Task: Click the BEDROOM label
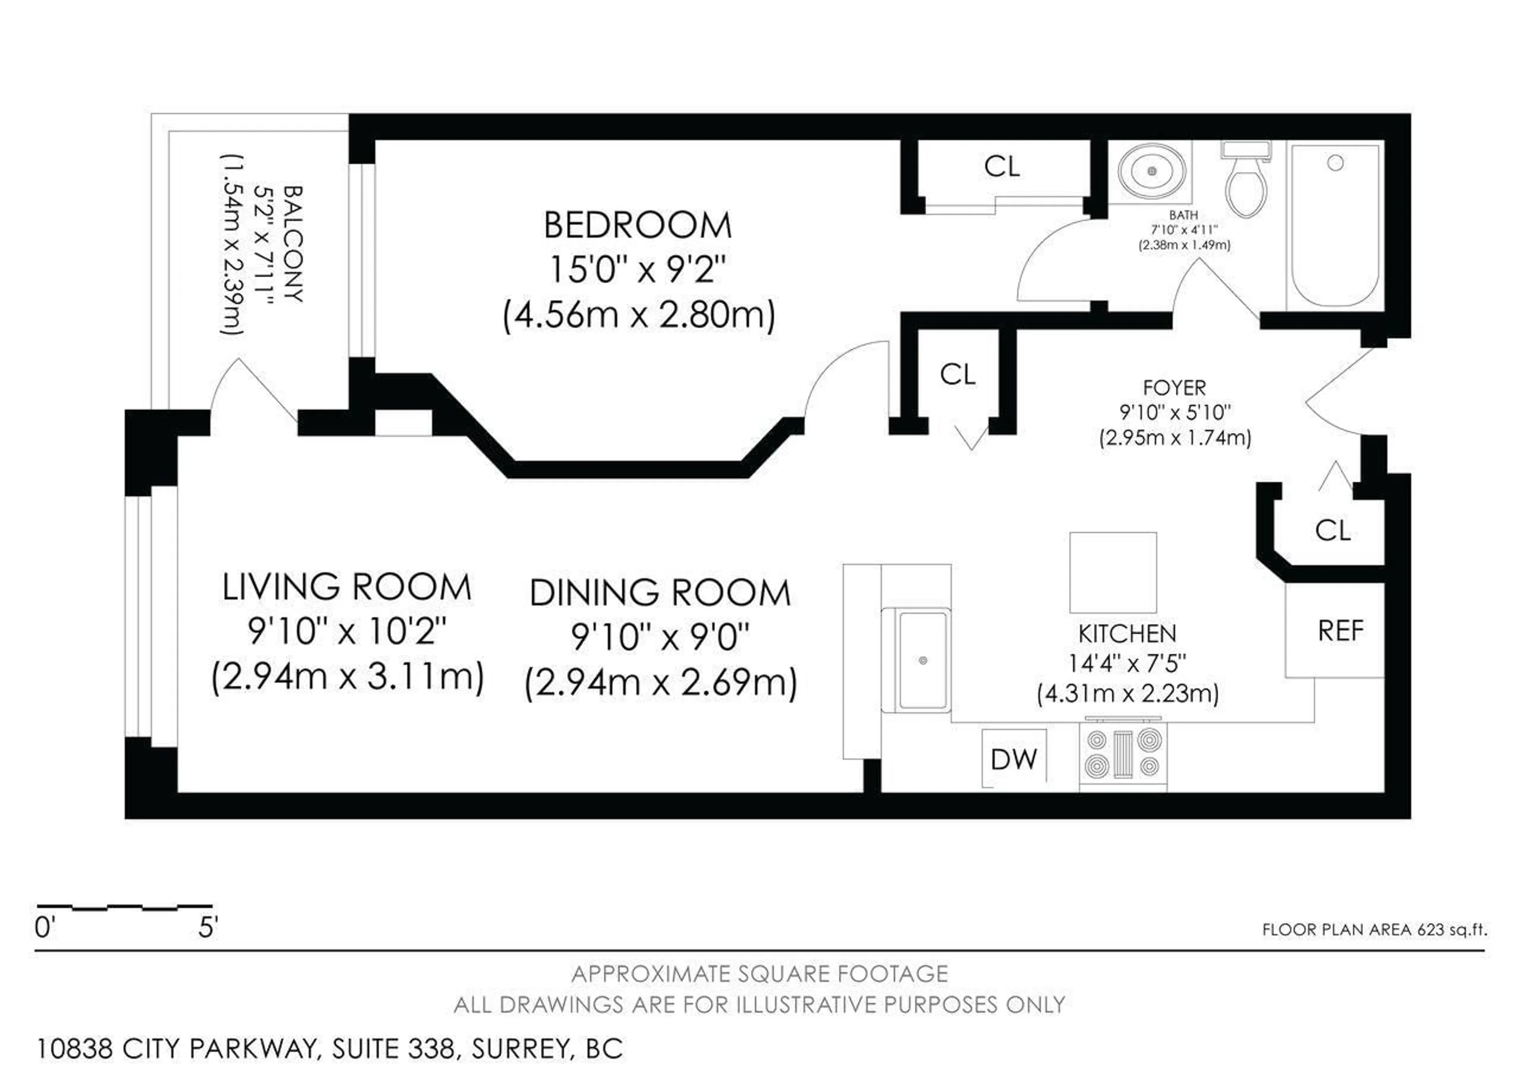637,225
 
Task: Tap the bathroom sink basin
1152,171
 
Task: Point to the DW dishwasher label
1013,759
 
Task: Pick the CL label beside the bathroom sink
1002,167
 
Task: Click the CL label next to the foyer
957,375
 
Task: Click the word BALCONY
292,244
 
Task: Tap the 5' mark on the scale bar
208,928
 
